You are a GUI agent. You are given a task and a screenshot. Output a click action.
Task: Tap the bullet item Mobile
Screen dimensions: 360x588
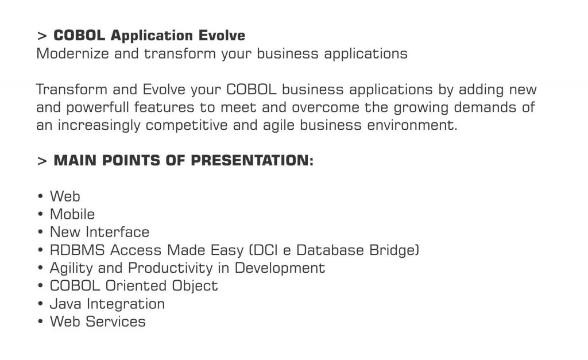pos(72,214)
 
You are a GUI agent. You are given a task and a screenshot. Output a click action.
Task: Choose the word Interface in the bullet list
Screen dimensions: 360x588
pos(117,232)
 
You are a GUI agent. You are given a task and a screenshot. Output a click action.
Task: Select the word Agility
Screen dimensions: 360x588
pos(71,268)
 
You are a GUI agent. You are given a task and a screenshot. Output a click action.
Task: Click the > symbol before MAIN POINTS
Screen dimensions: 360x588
pos(41,161)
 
